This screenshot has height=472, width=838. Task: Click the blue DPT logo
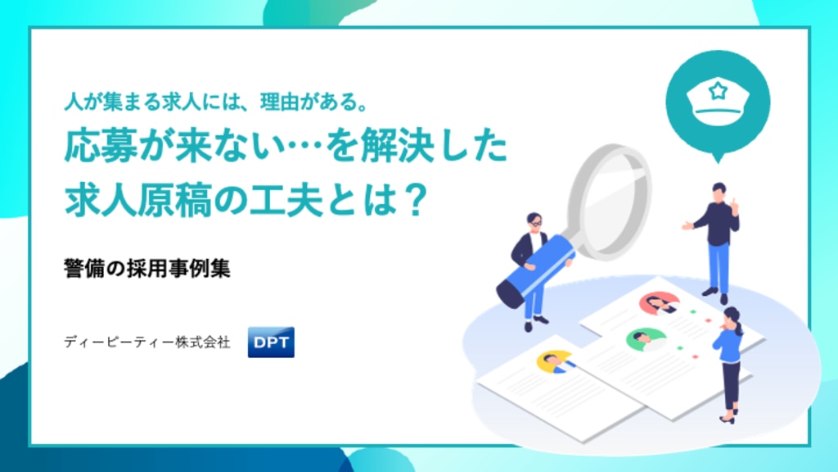coord(271,342)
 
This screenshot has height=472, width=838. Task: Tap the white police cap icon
coord(718,102)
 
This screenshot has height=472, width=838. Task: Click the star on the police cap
coord(718,90)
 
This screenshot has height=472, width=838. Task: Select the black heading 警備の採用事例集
coord(147,268)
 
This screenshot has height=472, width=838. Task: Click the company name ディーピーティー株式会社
coord(147,342)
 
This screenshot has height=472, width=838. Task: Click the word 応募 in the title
coord(101,146)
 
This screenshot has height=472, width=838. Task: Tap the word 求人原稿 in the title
coord(137,200)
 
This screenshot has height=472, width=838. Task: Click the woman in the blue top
coord(729,364)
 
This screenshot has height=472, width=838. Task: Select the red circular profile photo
coord(660,303)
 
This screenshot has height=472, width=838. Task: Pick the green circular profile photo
coord(647,339)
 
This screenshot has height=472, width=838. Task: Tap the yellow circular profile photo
coord(556,361)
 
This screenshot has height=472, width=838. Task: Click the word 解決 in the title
coord(396,146)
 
